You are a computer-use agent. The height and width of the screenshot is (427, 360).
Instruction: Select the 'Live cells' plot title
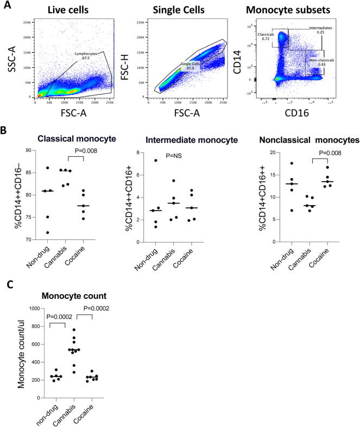tap(76, 10)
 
